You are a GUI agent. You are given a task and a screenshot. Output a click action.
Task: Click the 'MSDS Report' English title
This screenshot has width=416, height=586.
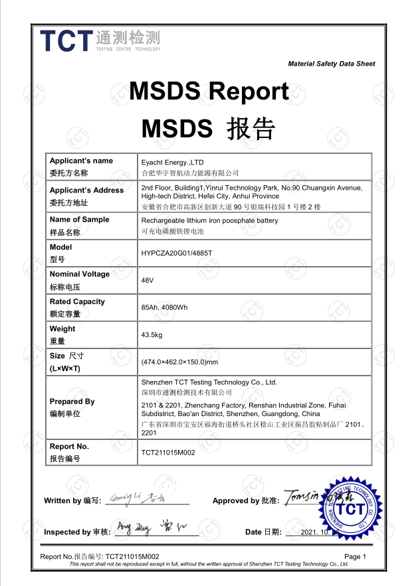(209, 91)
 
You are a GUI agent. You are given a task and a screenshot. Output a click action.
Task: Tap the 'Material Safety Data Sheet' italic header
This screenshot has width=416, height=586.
(331, 64)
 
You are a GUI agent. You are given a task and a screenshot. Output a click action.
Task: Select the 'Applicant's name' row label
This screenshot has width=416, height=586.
(81, 161)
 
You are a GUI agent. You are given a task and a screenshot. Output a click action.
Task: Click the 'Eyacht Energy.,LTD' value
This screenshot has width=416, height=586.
(171, 161)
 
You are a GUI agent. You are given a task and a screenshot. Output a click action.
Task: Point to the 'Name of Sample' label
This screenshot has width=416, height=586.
(79, 220)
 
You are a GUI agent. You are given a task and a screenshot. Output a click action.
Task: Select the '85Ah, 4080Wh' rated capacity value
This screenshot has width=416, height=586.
(165, 308)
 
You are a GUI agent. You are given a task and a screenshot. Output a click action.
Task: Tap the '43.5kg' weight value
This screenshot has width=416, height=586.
(152, 335)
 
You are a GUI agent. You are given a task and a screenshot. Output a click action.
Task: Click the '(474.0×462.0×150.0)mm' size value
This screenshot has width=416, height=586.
(179, 362)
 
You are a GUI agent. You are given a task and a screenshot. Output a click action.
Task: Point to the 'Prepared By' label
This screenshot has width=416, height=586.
(72, 402)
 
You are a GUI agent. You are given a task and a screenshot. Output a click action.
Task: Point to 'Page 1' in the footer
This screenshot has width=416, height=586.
(355, 557)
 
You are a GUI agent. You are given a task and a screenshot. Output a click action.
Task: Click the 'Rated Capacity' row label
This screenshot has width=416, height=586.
(77, 302)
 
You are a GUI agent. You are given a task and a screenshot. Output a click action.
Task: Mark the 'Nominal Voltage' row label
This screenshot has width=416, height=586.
(79, 274)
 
